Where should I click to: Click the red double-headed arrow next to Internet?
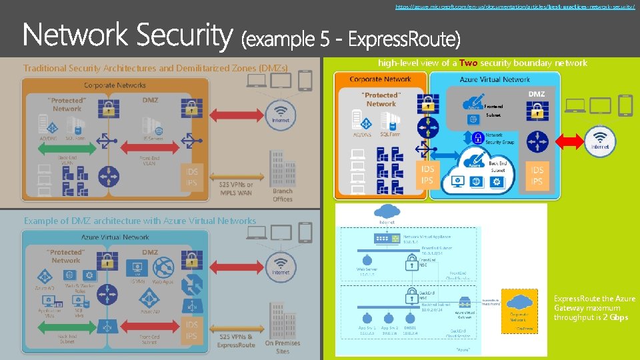click(569, 141)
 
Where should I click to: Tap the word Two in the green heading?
click(468, 63)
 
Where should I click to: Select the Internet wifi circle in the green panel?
click(601, 141)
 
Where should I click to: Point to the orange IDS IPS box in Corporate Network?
click(427, 175)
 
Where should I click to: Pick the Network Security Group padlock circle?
click(477, 138)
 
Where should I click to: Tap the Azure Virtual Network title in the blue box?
click(495, 79)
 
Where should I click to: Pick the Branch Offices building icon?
click(282, 171)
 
